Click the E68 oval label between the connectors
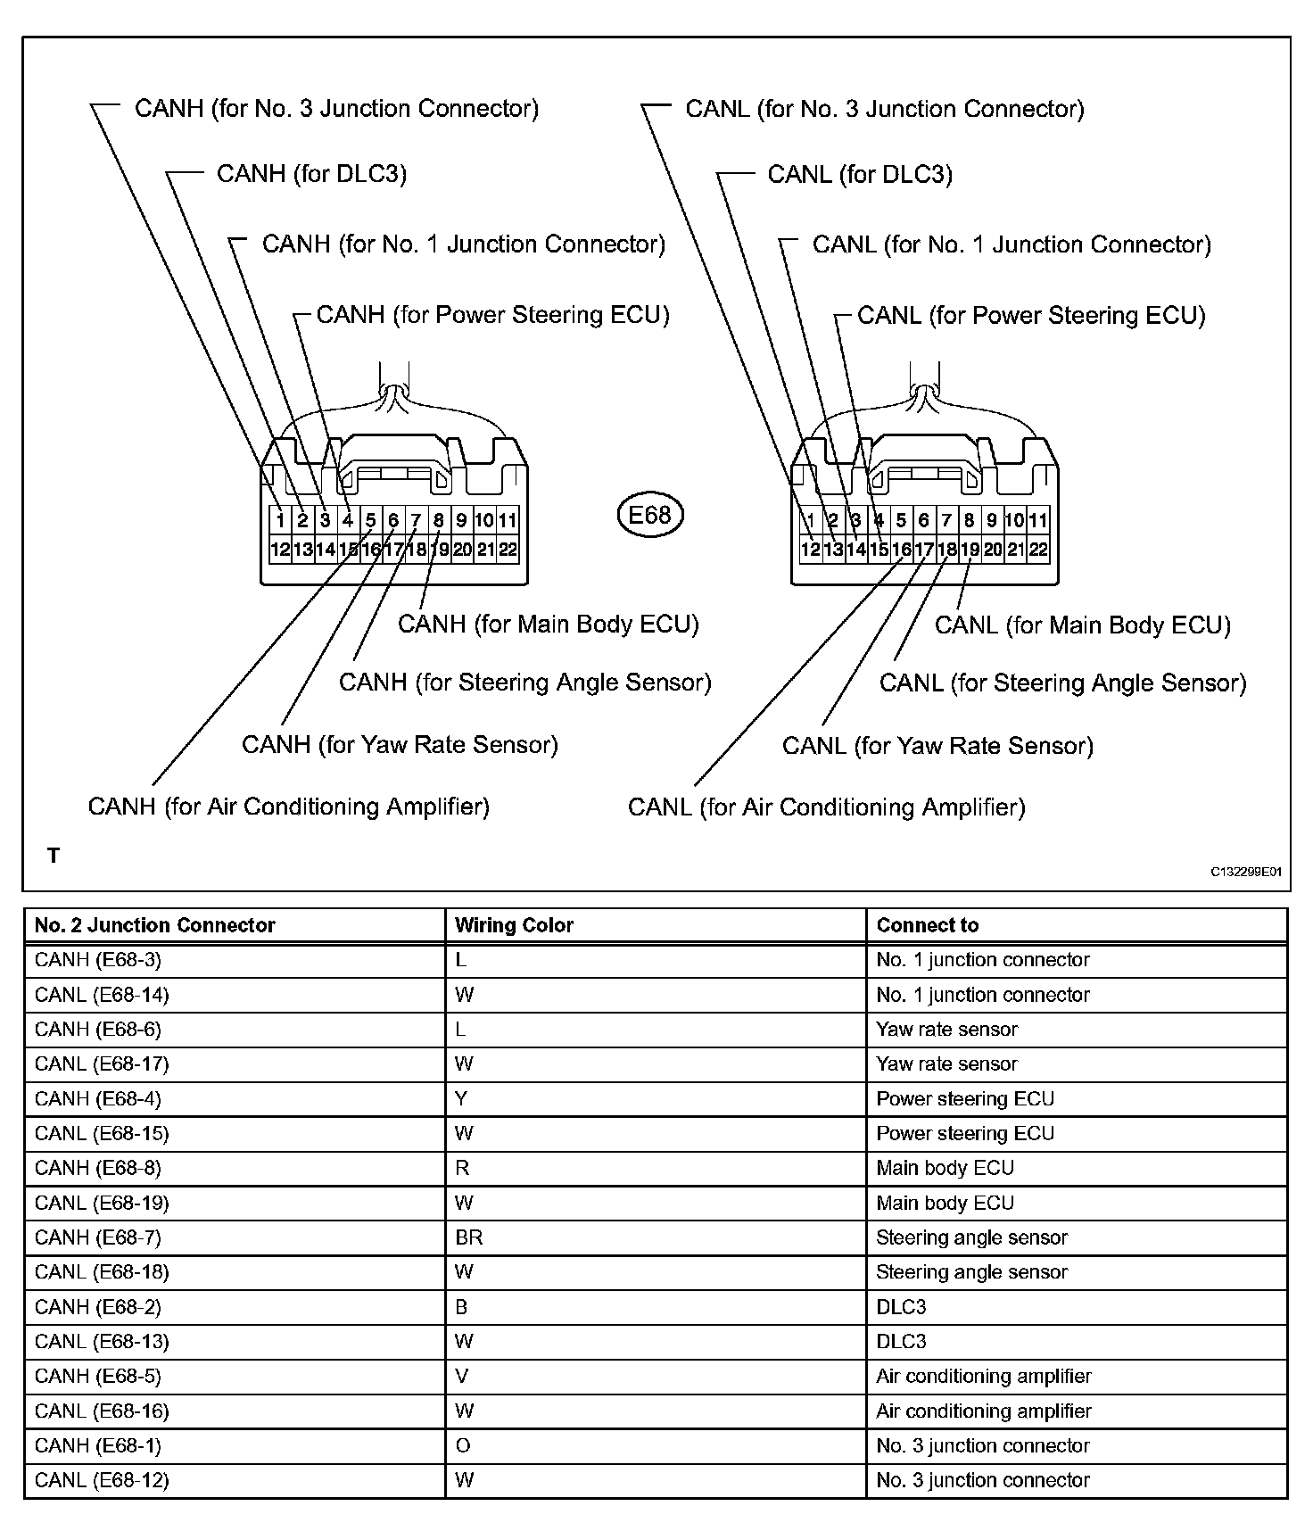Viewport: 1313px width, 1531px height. (x=649, y=515)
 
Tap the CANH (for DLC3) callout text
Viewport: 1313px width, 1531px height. (x=311, y=173)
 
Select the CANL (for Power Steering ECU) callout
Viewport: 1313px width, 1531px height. (x=1031, y=315)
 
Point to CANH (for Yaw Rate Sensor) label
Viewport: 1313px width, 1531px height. (x=400, y=744)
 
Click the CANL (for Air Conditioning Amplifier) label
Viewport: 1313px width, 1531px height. (x=826, y=807)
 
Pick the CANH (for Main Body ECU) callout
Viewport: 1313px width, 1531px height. (x=548, y=624)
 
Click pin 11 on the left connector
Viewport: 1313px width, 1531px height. (x=508, y=520)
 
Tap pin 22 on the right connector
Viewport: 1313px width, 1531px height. (x=1038, y=550)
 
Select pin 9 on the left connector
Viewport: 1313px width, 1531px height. (x=461, y=520)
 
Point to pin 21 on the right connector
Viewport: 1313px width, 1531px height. (x=1016, y=550)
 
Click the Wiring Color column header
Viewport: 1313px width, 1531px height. (x=514, y=925)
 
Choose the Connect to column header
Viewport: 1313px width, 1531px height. (x=928, y=925)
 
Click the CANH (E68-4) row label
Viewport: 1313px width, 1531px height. (x=98, y=1098)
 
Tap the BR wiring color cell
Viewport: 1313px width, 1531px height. (x=469, y=1237)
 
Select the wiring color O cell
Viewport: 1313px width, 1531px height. (x=462, y=1445)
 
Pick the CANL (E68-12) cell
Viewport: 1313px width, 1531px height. (x=102, y=1480)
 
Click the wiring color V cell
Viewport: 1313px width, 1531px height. (x=461, y=1376)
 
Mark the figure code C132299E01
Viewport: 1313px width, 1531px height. (x=1245, y=872)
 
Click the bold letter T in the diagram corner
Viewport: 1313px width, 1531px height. (x=54, y=856)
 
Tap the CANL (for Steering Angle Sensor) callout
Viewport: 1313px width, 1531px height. (x=1062, y=683)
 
